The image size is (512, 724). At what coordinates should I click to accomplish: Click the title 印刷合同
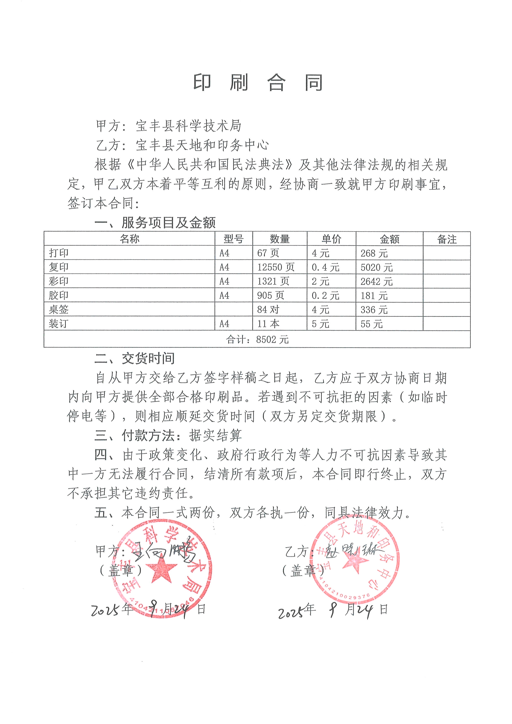click(258, 83)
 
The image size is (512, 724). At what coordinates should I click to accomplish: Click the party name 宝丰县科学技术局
click(188, 126)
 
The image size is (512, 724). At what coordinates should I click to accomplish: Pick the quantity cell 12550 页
click(276, 267)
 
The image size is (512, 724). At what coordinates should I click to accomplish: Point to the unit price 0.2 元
click(325, 295)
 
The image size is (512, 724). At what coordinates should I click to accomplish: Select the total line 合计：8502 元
click(257, 340)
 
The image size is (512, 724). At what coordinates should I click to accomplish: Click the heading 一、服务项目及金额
click(155, 223)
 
